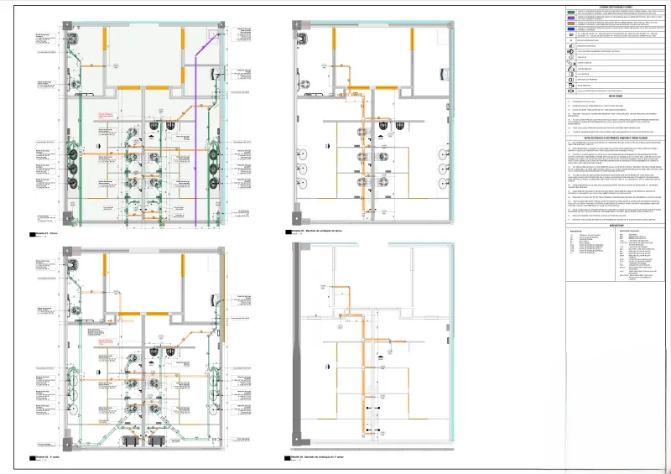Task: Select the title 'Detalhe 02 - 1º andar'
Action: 48,456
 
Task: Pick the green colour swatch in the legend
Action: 570,13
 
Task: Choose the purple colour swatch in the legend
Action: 570,18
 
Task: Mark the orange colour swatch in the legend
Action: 570,23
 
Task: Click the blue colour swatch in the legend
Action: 570,29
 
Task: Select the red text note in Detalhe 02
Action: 106,340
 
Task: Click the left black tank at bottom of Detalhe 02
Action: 130,440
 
